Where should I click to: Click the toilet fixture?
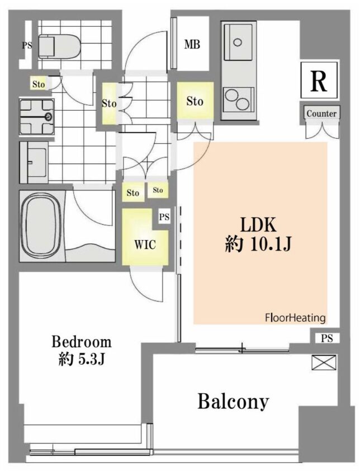[x=59, y=46]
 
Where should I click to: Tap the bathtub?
[x=42, y=226]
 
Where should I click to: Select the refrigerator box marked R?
[x=319, y=80]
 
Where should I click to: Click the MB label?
[x=192, y=45]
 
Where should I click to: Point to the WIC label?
[x=145, y=244]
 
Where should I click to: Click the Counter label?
[x=321, y=114]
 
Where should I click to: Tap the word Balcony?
[x=233, y=401]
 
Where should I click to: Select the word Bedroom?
[x=82, y=342]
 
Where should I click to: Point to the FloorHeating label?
[x=295, y=318]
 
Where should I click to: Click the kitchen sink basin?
[x=238, y=42]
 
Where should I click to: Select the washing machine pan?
[x=37, y=116]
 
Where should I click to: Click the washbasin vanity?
[x=34, y=162]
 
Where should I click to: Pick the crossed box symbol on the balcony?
[x=324, y=362]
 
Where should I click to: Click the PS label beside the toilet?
[x=27, y=46]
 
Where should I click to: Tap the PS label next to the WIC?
[x=164, y=217]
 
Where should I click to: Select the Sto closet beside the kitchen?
[x=195, y=101]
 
